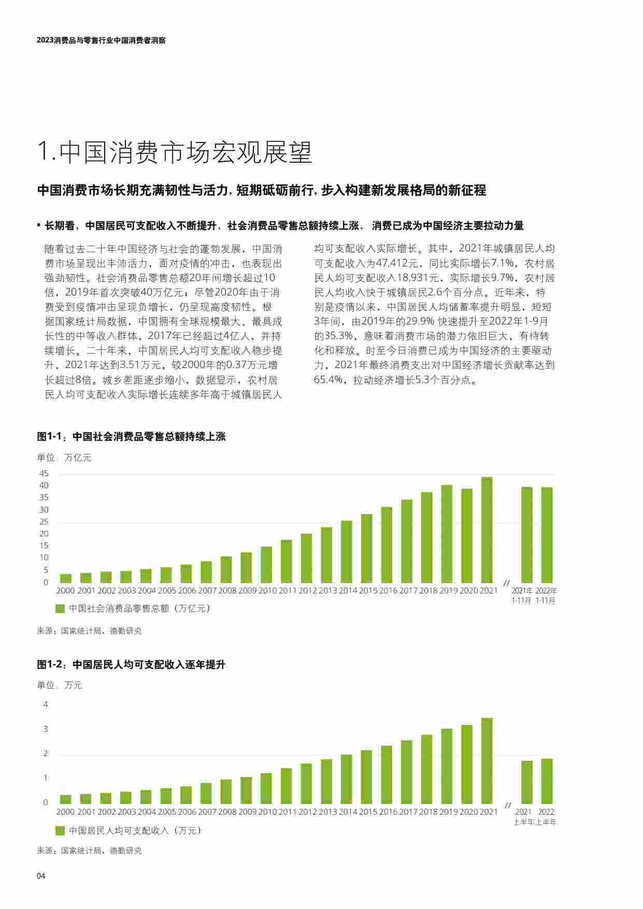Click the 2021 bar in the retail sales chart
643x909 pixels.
click(487, 530)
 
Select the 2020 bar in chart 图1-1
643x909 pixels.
click(466, 535)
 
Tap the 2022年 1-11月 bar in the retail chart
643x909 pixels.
click(547, 535)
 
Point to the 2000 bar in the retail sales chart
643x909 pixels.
click(66, 578)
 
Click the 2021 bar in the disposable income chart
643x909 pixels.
click(487, 760)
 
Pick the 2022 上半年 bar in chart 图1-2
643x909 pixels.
click(547, 781)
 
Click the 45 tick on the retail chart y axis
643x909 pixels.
click(44, 474)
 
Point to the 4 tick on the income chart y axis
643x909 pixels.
click(46, 705)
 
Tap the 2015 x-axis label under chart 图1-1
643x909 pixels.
click(368, 591)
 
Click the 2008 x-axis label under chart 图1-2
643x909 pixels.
click(227, 812)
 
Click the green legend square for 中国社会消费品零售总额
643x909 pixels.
click(60, 608)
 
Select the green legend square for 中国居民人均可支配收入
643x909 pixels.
click(60, 831)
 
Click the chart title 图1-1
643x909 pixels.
click(131, 437)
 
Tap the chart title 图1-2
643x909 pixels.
click(131, 664)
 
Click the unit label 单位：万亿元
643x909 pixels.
click(64, 458)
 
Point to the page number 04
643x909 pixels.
click(41, 876)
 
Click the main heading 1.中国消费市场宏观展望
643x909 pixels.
click(175, 152)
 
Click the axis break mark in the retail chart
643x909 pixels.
click(507, 583)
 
